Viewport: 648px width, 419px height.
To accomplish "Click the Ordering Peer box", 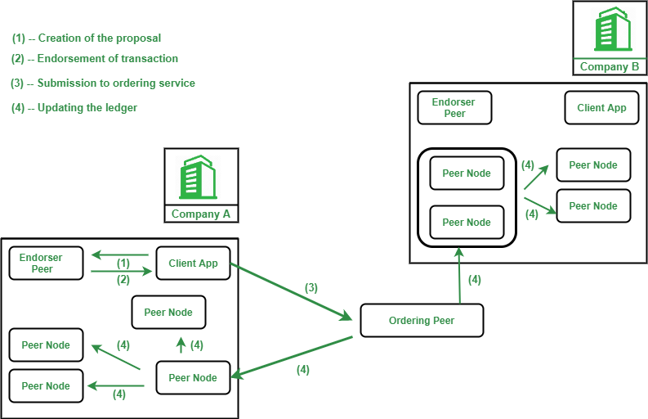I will pyautogui.click(x=422, y=320).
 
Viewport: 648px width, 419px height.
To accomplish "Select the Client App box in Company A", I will pyautogui.click(x=193, y=263).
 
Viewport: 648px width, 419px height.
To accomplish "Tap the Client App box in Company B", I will pyautogui.click(x=601, y=107).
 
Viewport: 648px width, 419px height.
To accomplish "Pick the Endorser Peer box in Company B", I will pyautogui.click(x=454, y=107).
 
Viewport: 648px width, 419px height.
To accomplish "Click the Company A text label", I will pyautogui.click(x=201, y=214).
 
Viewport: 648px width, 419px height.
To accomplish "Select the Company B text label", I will pyautogui.click(x=610, y=66).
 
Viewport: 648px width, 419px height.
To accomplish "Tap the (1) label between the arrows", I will pyautogui.click(x=123, y=264).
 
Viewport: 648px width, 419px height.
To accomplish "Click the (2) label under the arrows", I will pyautogui.click(x=123, y=279).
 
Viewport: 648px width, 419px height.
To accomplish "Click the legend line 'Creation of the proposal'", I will pyautogui.click(x=87, y=38).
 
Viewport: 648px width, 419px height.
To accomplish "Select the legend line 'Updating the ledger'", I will pyautogui.click(x=74, y=108).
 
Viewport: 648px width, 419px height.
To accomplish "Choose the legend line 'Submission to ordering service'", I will pyautogui.click(x=103, y=83).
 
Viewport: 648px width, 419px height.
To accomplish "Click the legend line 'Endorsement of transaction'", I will pyautogui.click(x=95, y=58).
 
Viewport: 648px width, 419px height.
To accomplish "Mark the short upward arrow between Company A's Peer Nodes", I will pyautogui.click(x=181, y=345).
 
